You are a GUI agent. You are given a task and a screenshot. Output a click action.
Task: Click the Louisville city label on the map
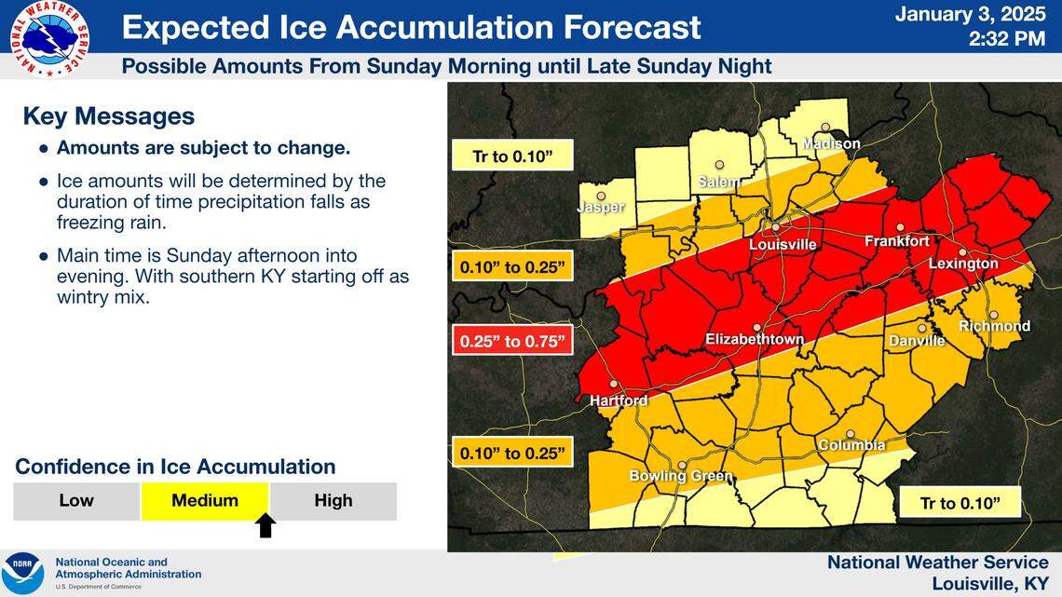coord(783,245)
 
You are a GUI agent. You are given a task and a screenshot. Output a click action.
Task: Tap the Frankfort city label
coord(896,241)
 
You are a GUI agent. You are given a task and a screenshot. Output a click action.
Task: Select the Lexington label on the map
coord(962,265)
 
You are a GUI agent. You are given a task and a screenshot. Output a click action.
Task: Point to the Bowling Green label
coord(680,476)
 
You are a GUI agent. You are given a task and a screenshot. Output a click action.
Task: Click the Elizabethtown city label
coord(754,340)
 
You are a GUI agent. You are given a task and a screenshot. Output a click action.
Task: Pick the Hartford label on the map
coord(618,400)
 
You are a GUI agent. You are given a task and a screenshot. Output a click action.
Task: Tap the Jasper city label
coord(600,208)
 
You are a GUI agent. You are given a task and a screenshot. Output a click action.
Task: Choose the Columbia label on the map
coord(851,446)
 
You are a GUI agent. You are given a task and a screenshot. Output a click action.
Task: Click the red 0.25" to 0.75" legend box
coord(511,341)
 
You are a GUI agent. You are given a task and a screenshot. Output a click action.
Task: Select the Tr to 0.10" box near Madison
coord(511,156)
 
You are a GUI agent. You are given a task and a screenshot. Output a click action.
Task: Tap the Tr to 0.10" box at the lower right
coord(960,503)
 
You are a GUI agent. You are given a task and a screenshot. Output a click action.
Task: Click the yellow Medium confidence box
coord(205,501)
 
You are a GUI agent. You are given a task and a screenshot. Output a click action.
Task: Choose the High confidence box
coord(333,501)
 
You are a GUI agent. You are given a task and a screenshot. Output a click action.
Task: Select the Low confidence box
coord(76,501)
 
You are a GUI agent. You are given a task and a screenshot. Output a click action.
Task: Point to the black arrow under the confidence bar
coord(265,526)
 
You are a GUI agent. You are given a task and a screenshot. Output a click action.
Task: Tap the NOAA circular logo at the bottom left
coord(22,573)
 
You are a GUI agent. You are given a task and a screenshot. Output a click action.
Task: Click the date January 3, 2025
coord(971,16)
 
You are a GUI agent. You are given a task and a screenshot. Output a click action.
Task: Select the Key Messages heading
coord(108,116)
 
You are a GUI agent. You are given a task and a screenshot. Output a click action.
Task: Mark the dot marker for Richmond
coord(993,315)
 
